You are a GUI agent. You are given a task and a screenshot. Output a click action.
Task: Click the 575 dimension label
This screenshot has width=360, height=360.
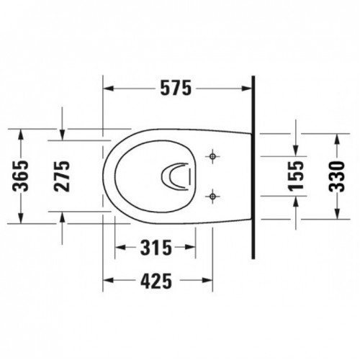coord(176,88)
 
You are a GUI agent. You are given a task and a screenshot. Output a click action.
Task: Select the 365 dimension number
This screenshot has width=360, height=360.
coord(20,176)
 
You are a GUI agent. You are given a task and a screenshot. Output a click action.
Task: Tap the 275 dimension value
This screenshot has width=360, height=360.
coord(62,176)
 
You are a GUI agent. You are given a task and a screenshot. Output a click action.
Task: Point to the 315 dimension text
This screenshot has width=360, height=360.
coord(156,248)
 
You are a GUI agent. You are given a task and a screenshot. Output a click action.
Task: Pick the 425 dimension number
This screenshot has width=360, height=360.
coord(156,281)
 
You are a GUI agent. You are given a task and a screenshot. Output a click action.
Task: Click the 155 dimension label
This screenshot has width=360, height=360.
coord(296,176)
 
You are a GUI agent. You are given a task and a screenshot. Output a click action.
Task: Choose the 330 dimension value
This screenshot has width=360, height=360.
coord(336,176)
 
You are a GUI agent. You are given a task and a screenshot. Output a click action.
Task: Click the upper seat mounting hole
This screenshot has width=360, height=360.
coord(212,156)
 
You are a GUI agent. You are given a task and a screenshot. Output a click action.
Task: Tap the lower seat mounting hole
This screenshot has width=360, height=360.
coord(212,197)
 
